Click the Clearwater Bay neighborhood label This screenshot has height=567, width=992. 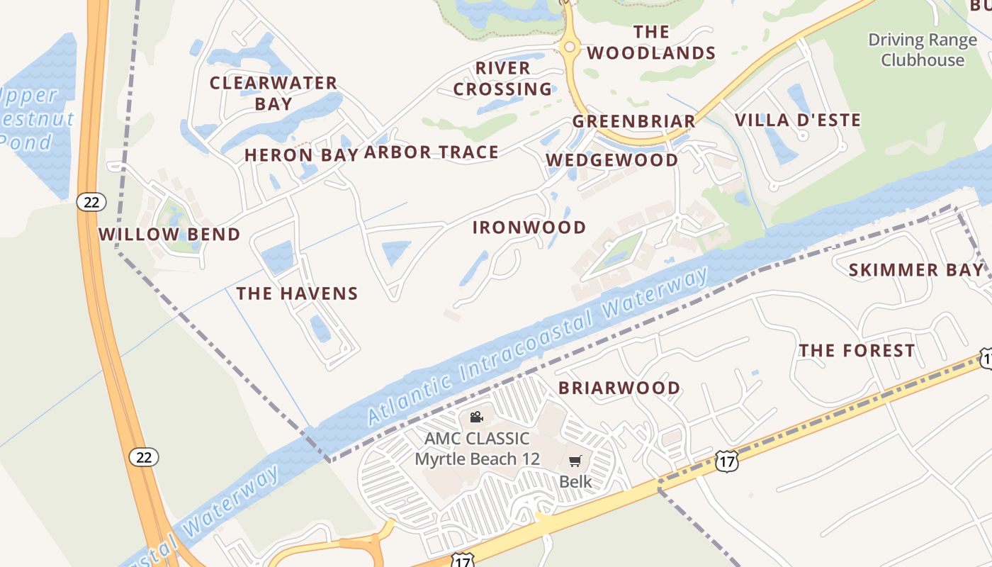coord(274,93)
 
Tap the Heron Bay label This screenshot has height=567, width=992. coord(300,155)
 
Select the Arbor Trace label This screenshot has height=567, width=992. coord(431,152)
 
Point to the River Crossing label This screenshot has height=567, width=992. coord(502,79)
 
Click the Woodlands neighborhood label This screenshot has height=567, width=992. coord(651,43)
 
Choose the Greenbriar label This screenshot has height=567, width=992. coord(633,121)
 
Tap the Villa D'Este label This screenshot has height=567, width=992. coord(798,120)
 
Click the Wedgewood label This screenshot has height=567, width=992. coord(612,160)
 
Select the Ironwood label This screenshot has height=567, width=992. coord(529,228)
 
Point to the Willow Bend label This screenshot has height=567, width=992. coord(169,235)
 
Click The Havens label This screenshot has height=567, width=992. coord(297,293)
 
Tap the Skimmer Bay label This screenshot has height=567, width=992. coord(916,270)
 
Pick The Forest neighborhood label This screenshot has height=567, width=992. coord(857,351)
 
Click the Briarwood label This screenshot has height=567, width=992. coord(619,388)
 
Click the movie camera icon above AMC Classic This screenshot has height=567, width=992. coord(476,417)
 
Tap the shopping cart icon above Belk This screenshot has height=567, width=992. coord(575,461)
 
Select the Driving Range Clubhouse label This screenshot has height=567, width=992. coord(922,50)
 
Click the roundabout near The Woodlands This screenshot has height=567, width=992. coord(568,47)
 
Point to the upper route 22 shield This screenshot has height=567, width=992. coord(91,203)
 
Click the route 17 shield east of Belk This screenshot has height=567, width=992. coord(726,461)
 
